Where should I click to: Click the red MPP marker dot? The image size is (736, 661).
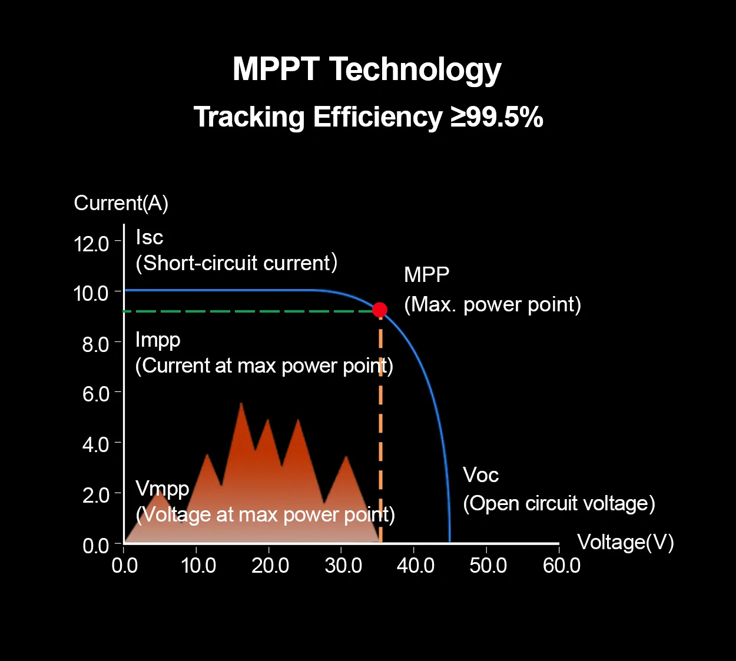tap(380, 310)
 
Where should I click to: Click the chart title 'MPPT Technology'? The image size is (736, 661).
tap(367, 69)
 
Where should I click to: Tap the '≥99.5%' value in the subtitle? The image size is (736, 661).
tap(497, 117)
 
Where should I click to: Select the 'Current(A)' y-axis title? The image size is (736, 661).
tap(121, 203)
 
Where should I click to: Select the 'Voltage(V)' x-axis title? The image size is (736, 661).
tap(625, 542)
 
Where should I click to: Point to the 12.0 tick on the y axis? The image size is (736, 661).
tap(92, 243)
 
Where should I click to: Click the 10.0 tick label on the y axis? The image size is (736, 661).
tap(91, 293)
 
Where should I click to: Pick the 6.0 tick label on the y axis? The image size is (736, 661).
tap(96, 394)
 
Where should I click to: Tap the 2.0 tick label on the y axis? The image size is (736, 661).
tap(96, 495)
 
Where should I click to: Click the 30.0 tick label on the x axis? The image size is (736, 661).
tap(343, 566)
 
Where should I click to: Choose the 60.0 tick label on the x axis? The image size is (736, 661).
tap(562, 566)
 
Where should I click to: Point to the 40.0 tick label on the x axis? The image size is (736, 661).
tap(416, 566)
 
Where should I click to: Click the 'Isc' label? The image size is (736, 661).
tap(149, 237)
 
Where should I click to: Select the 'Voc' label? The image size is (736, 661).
tap(480, 475)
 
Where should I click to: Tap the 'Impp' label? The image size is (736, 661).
tap(158, 340)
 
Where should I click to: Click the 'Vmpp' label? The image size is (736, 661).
tap(163, 489)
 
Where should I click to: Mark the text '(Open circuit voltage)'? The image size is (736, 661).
tap(559, 503)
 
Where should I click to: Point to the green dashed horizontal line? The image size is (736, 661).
tap(247, 311)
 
